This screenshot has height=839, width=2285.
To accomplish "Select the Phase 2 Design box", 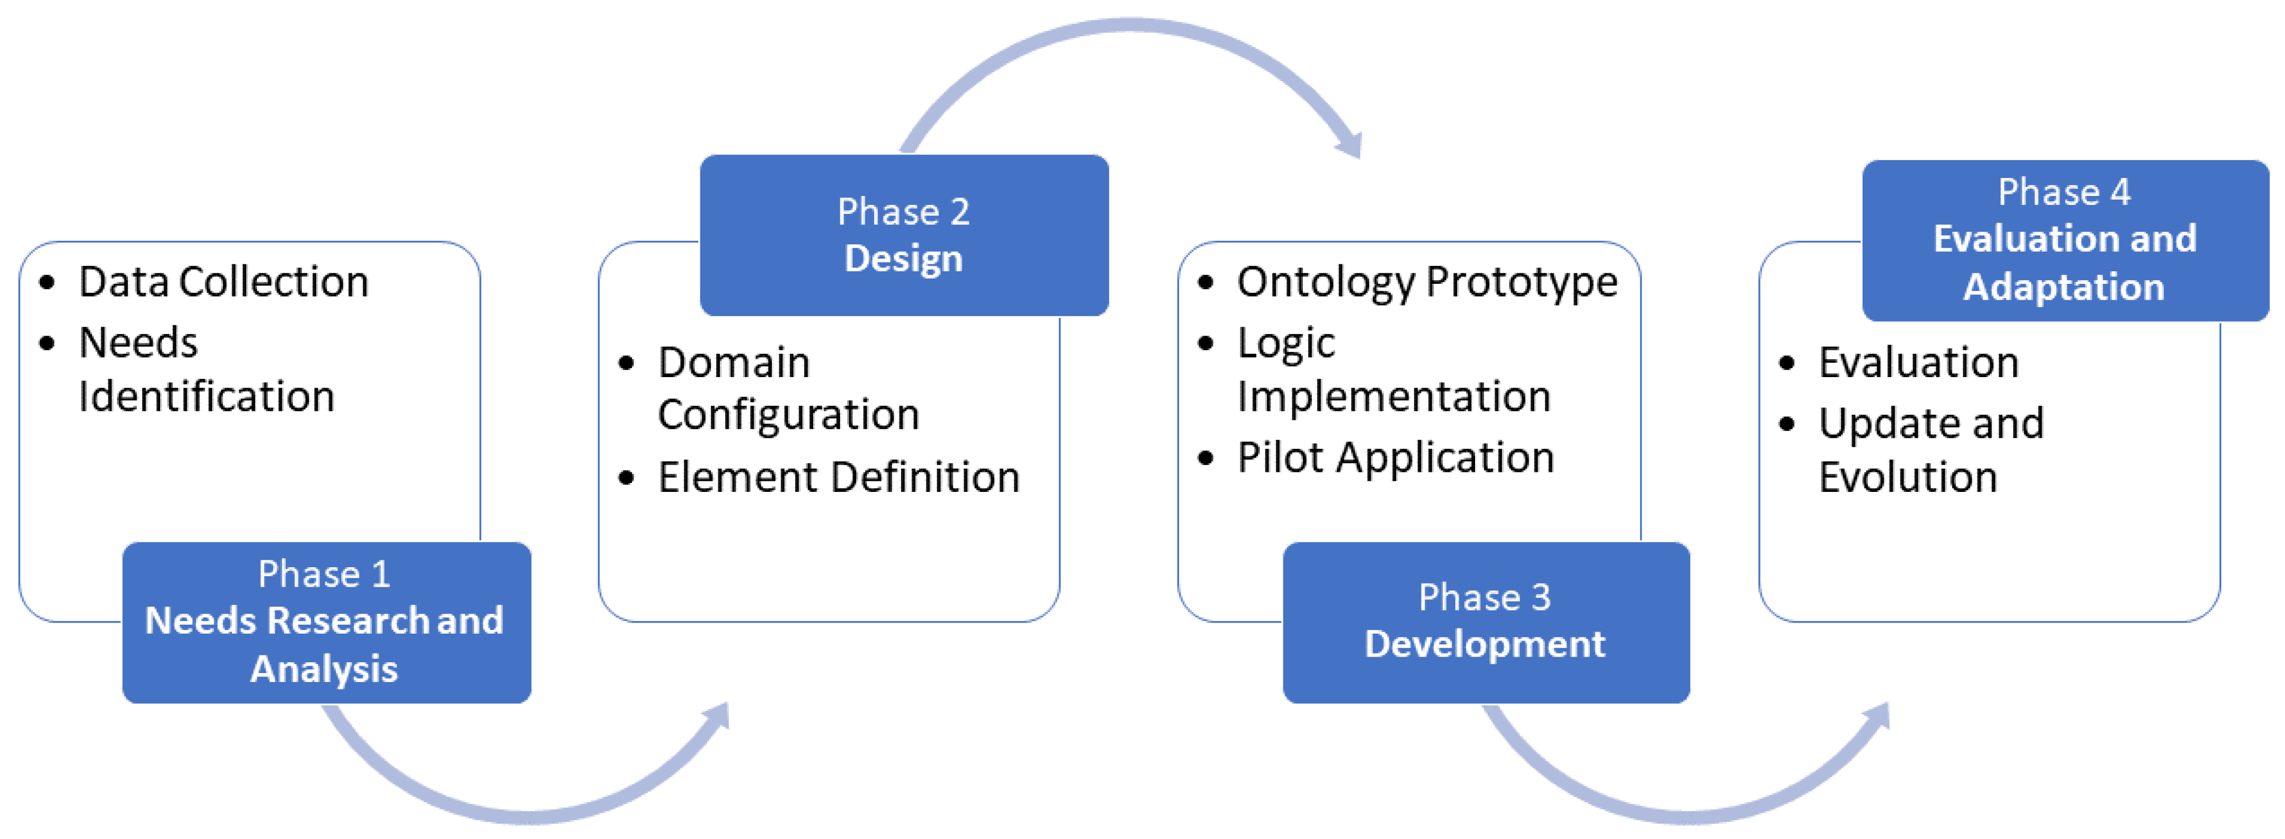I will (904, 235).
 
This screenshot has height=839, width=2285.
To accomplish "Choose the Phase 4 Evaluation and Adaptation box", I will (2064, 240).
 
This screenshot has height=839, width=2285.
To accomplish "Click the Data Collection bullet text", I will (223, 282).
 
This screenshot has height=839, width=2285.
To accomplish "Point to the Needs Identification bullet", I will (206, 369).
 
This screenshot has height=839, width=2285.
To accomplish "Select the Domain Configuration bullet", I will (788, 389).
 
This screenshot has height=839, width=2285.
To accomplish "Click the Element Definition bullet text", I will (838, 477).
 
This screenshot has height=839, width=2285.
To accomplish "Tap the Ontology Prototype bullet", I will (1427, 282).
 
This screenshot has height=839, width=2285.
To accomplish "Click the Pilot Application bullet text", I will (1396, 458).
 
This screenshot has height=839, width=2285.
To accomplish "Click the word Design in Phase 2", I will (904, 259).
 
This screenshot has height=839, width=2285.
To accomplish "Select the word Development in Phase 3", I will (1485, 644).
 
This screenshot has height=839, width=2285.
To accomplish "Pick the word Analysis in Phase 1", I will (324, 669).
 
